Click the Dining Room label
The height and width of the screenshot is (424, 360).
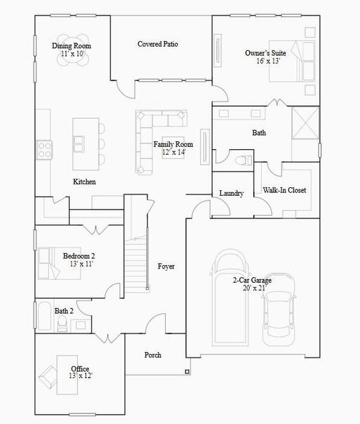[72, 46]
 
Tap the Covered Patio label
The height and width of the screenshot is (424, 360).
[157, 44]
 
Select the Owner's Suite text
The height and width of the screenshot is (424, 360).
[266, 53]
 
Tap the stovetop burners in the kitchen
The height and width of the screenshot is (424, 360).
[44, 149]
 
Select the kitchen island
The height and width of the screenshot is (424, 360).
[88, 142]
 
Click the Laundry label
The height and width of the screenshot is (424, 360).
[232, 193]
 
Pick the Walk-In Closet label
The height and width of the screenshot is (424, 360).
[284, 190]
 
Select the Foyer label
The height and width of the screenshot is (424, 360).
[166, 266]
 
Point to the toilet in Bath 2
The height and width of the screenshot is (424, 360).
[63, 324]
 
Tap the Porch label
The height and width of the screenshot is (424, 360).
[152, 355]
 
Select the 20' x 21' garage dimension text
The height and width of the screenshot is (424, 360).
[252, 288]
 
